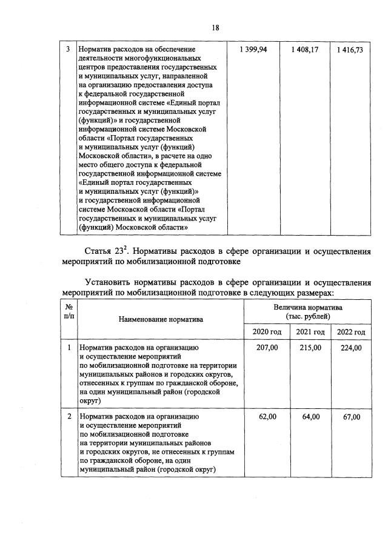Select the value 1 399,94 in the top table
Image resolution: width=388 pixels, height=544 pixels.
[x=253, y=50]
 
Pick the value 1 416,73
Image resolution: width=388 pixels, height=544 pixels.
[x=350, y=50]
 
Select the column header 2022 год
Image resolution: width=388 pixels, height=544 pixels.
[x=351, y=332]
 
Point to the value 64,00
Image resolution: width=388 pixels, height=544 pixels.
[x=310, y=417]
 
